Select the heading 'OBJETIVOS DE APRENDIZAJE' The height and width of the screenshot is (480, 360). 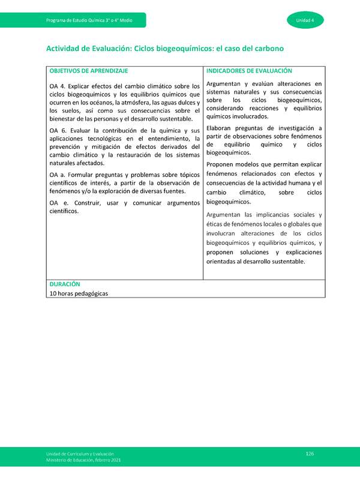point(89,71)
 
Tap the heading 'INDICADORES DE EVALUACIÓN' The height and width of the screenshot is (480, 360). point(249,71)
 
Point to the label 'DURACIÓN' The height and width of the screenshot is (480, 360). point(65,284)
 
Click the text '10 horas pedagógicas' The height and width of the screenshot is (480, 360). point(80,293)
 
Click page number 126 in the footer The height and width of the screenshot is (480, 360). point(310,453)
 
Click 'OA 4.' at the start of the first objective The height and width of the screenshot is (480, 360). point(59,86)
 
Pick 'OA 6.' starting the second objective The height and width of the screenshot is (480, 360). point(59,130)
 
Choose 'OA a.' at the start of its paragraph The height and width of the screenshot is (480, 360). point(58,175)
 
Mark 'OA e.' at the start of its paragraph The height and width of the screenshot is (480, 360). point(58,203)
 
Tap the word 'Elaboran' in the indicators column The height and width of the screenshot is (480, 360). point(221,128)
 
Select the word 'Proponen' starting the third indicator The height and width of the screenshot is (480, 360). point(222,164)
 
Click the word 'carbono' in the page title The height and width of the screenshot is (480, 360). point(267,47)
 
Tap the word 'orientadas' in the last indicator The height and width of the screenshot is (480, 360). point(223,261)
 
